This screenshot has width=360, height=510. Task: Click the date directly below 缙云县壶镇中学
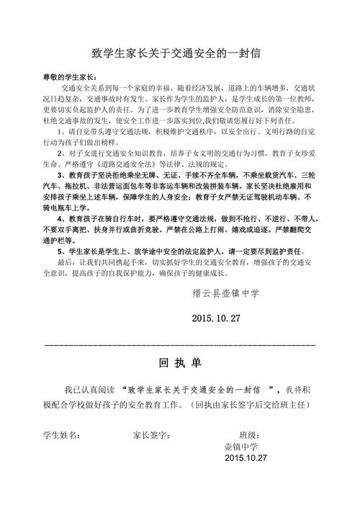[217, 318]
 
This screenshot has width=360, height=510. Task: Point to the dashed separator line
[180, 346]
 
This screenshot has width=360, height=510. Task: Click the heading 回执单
[179, 362]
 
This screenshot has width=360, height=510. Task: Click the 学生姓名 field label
[62, 436]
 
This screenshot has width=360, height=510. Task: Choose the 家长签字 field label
[151, 436]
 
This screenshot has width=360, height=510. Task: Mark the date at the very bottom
[246, 459]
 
